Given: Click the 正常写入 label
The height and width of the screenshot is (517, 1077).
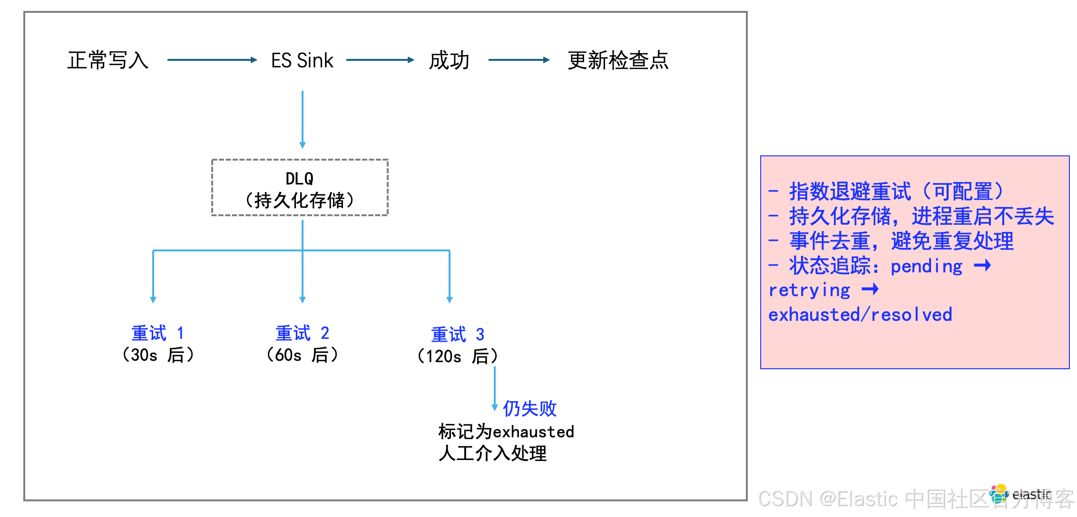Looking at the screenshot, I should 108,60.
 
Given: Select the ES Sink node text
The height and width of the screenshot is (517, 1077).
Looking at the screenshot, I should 302,60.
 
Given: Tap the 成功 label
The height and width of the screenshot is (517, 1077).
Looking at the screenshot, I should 449,60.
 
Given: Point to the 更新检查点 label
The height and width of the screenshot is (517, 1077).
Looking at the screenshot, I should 618,60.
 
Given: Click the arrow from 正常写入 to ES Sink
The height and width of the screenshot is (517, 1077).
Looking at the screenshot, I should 212,60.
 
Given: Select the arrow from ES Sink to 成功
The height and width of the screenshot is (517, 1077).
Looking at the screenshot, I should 380,60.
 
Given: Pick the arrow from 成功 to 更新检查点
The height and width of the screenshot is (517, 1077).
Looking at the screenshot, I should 519,60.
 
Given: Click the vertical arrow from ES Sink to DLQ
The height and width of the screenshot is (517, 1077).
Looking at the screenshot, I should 303,119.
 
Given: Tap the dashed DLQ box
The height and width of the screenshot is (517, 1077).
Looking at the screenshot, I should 300,188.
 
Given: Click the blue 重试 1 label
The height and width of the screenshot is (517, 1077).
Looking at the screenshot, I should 157,333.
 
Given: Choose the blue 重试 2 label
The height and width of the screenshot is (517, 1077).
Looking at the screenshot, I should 302,333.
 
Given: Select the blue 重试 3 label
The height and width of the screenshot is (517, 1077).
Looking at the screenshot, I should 458,335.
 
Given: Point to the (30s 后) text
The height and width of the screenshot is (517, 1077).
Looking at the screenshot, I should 158,355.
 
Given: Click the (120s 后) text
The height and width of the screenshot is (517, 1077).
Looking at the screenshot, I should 458,356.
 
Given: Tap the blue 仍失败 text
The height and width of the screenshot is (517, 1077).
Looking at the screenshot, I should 529,408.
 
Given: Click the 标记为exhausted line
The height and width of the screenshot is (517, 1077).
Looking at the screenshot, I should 506,431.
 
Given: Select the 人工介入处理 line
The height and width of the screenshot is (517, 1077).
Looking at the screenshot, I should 493,453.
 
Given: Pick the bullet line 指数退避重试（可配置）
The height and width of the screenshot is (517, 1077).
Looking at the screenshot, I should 887,191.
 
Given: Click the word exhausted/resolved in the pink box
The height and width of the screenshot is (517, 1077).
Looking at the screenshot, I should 860,315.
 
